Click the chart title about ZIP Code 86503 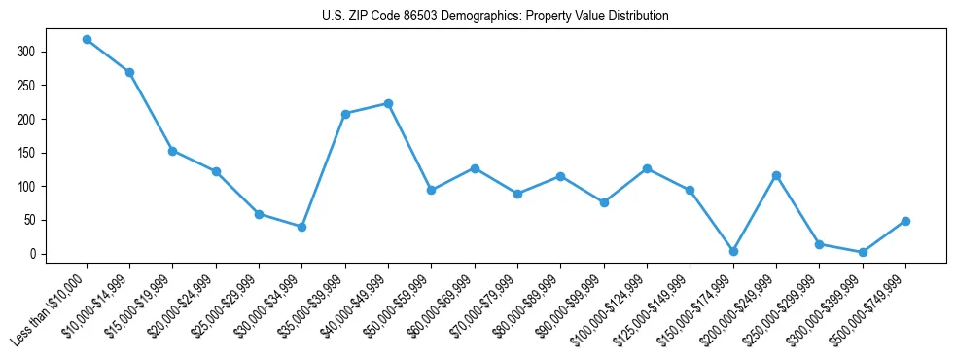click(x=495, y=17)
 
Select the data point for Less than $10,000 click(x=87, y=40)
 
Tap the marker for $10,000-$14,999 click(x=129, y=72)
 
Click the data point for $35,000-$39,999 click(x=345, y=114)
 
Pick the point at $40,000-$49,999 click(x=388, y=103)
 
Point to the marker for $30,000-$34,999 click(x=301, y=227)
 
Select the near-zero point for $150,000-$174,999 click(x=733, y=251)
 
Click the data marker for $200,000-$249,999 click(x=776, y=175)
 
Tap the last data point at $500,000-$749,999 click(x=905, y=221)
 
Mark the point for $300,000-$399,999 click(x=863, y=252)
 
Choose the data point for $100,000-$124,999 click(x=647, y=168)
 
